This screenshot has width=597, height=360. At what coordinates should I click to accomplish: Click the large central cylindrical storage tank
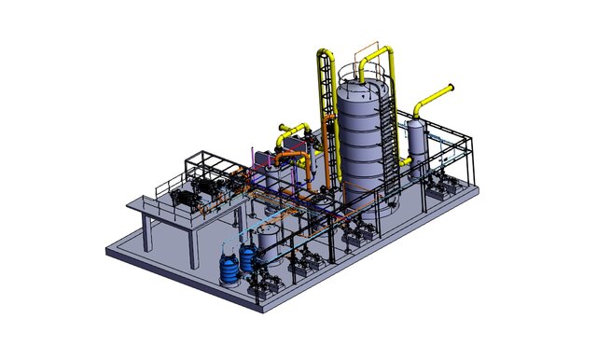point(359,149)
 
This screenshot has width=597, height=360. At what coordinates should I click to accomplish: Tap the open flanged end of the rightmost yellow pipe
point(451,90)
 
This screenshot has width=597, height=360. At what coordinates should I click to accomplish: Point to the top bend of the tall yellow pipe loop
point(325,52)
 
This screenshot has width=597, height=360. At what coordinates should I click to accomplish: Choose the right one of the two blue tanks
point(248,258)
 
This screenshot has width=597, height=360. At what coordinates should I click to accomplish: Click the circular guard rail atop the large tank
point(362,73)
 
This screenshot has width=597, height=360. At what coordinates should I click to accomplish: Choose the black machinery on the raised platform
point(191,199)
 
